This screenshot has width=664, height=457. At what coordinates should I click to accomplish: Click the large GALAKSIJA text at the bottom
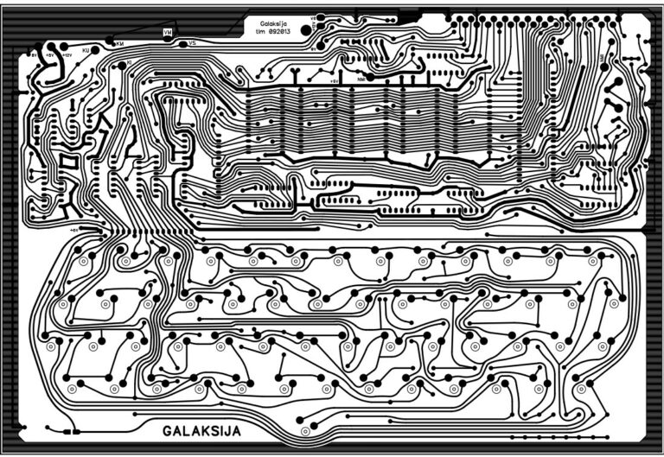click(201, 430)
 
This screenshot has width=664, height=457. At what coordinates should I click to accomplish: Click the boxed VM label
click(168, 32)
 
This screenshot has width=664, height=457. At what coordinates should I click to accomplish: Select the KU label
click(86, 51)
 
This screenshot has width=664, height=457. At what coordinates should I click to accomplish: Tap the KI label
click(129, 63)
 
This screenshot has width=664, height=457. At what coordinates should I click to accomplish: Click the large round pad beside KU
click(95, 51)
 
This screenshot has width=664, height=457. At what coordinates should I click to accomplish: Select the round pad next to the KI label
click(121, 64)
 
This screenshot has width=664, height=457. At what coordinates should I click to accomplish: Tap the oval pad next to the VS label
click(181, 41)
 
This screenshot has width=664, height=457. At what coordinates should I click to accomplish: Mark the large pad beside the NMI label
click(371, 77)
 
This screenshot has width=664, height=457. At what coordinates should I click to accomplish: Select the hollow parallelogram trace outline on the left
click(67, 161)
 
